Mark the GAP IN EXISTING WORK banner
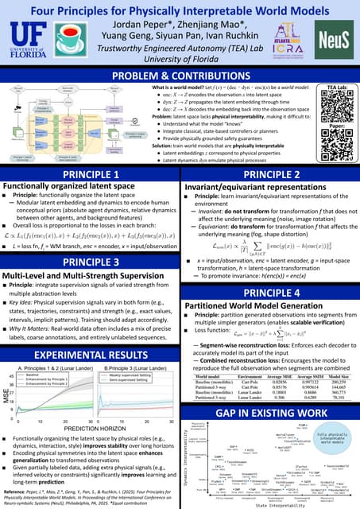coord(269,391)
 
